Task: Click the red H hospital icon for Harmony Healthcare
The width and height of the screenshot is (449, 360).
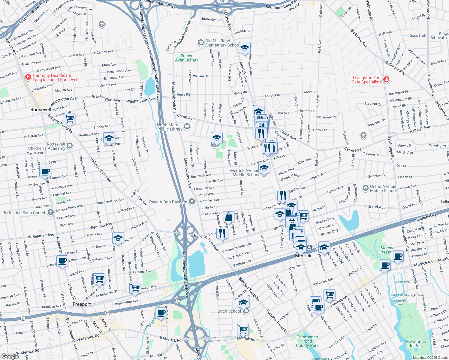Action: pos(28,77)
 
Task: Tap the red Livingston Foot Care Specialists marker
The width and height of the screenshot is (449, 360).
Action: pos(386,79)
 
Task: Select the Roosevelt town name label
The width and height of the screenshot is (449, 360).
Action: pos(41,109)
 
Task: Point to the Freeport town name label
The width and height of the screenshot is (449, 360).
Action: pos(82,304)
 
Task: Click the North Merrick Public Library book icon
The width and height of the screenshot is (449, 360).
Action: pos(187,127)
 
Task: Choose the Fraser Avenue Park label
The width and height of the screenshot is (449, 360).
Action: pos(187,58)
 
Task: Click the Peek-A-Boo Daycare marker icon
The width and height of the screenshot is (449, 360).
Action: pos(192,202)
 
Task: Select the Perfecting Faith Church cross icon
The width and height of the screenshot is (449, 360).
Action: pos(51,212)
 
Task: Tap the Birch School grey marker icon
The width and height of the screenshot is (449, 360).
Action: pos(246,311)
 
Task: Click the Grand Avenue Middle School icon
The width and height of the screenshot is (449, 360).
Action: pos(365,188)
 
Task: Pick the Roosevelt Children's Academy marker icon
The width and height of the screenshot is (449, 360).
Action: pos(70,146)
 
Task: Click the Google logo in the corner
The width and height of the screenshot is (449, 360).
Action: pos(10,356)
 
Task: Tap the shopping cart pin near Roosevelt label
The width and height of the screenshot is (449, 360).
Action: pos(70,118)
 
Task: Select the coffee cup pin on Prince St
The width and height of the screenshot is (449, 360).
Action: pos(45,172)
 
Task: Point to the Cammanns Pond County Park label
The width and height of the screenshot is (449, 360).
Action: pos(307,341)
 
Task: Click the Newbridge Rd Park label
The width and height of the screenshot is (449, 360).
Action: pos(416,343)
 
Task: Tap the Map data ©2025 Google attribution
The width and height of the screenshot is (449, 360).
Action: pos(430,358)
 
